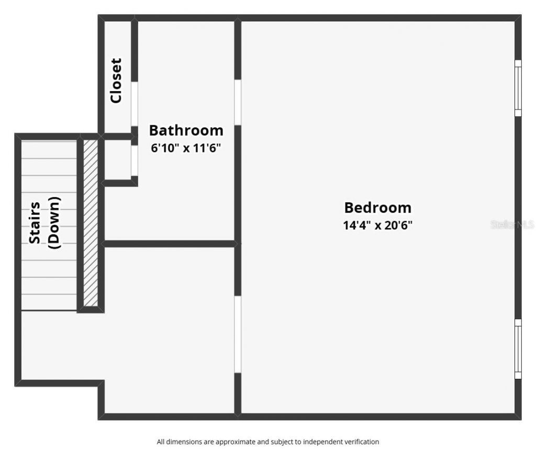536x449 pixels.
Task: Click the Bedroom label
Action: coord(377,208)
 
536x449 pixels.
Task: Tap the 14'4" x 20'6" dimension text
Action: coord(377,226)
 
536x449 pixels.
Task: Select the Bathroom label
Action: coord(186,130)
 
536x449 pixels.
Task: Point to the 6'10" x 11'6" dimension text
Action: coord(186,148)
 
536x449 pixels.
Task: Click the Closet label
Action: coord(116,80)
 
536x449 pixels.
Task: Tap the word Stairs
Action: coord(35,223)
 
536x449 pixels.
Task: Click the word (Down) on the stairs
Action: coord(54,223)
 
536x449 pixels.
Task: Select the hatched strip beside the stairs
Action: coord(91,223)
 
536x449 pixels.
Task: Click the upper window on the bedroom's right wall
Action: coord(518,87)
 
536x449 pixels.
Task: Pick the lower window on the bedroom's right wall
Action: coord(518,348)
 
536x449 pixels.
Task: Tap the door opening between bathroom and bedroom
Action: coord(238,102)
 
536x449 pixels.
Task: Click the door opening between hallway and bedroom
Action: coord(238,334)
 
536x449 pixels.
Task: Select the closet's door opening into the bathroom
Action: coord(135,103)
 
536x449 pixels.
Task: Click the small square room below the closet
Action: coord(118,160)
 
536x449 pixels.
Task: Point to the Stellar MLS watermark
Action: coord(512,225)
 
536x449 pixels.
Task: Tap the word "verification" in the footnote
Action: coord(361,442)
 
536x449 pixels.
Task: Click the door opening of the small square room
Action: coord(135,160)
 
